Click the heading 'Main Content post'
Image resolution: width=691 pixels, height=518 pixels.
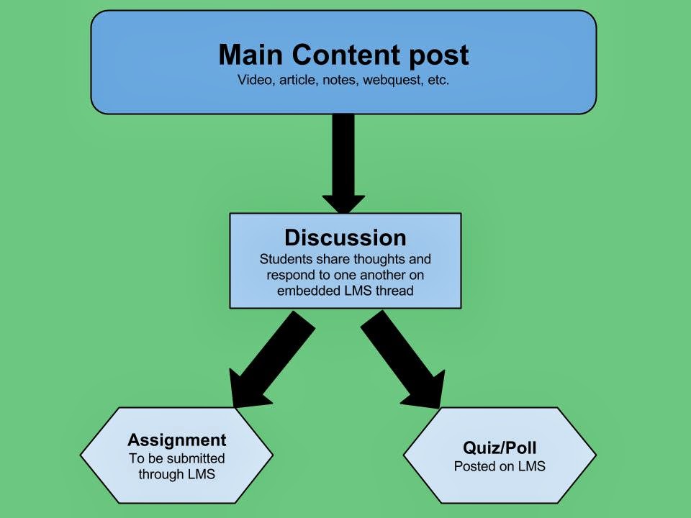pyautogui.click(x=343, y=55)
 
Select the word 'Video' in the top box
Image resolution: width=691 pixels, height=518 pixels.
pyautogui.click(x=253, y=81)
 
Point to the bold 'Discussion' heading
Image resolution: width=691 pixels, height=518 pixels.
pyautogui.click(x=345, y=238)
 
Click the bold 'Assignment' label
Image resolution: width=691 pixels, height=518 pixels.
pyautogui.click(x=176, y=440)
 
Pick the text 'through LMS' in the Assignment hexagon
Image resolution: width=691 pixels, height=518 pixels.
pyautogui.click(x=176, y=474)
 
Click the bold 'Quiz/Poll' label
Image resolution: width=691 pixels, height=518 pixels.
pyautogui.click(x=500, y=447)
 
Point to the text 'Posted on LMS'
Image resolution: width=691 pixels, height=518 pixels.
pyautogui.click(x=500, y=466)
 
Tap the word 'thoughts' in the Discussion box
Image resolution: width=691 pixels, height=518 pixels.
pyautogui.click(x=382, y=259)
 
